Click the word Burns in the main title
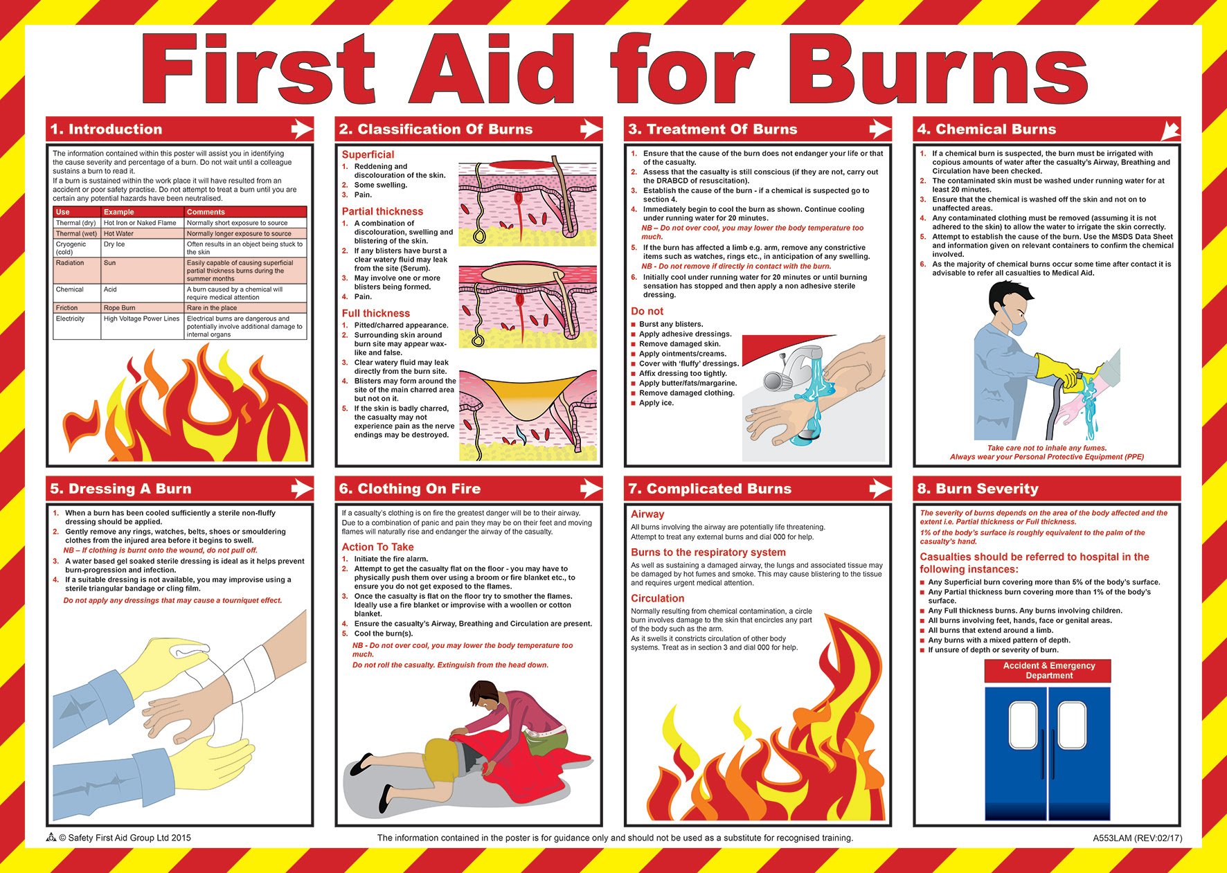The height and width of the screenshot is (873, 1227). (x=938, y=70)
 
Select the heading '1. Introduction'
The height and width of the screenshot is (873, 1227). (x=106, y=129)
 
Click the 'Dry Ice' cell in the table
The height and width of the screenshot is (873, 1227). (x=115, y=244)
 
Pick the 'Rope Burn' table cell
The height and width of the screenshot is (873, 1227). (x=120, y=308)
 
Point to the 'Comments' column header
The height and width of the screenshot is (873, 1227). (x=206, y=212)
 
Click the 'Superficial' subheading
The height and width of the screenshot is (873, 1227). (x=368, y=154)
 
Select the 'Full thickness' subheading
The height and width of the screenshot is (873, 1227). (x=375, y=314)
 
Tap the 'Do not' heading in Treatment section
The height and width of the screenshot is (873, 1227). (x=647, y=312)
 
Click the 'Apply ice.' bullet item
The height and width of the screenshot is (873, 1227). (x=656, y=403)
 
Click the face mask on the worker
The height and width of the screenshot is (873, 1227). (x=1017, y=324)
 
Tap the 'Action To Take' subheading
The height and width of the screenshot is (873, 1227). (x=377, y=547)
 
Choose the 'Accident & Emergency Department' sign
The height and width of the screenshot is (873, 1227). (x=1049, y=671)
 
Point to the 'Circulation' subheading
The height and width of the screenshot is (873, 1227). (x=657, y=599)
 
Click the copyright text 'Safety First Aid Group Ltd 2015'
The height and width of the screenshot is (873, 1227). (x=129, y=838)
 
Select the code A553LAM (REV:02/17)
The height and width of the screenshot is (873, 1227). (x=1138, y=838)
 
